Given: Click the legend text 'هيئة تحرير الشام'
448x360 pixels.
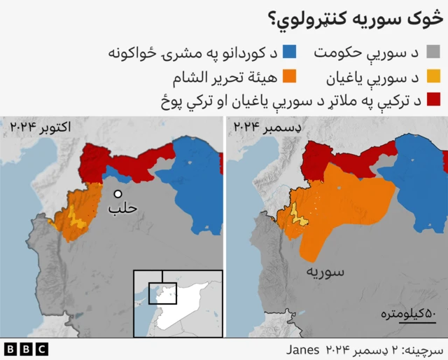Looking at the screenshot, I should click(x=225, y=76).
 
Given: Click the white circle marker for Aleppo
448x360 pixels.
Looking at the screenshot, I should click(x=118, y=194).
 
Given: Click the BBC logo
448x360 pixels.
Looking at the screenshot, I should click(x=25, y=348).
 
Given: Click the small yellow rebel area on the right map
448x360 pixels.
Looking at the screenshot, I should click(x=300, y=217).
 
